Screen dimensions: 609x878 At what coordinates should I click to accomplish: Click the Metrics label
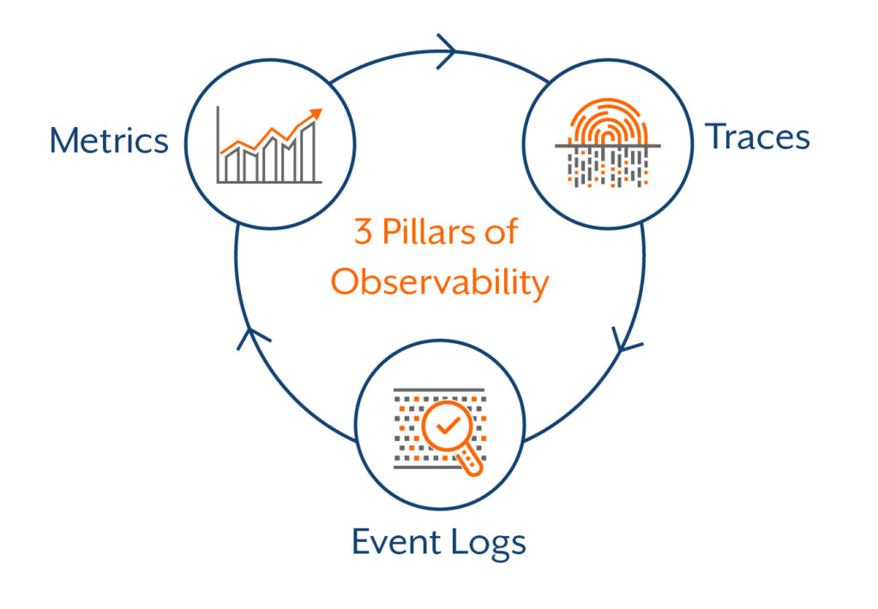(x=109, y=140)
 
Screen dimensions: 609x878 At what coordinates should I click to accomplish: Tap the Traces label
(x=757, y=137)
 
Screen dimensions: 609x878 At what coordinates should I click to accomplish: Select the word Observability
(x=439, y=282)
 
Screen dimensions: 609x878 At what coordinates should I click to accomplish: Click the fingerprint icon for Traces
(x=607, y=142)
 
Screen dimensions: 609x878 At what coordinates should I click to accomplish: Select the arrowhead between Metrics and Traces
(x=447, y=51)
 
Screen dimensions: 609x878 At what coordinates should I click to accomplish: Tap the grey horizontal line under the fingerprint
(x=607, y=147)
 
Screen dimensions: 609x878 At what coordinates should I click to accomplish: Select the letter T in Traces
(x=715, y=137)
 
